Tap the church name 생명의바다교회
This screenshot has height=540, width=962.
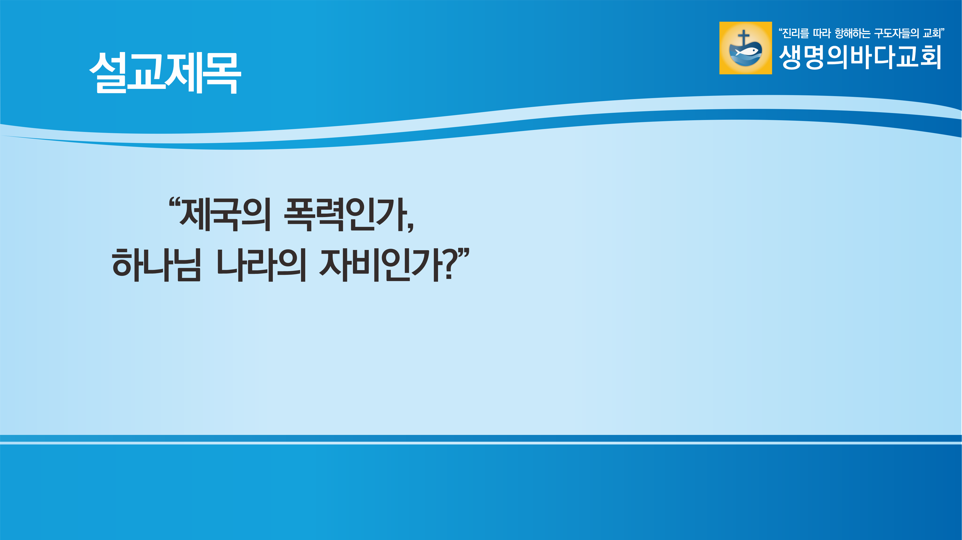tap(860, 57)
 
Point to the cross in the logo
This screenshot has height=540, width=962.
tap(743, 38)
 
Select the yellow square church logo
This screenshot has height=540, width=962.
tap(745, 48)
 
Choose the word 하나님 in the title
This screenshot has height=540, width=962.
tap(156, 265)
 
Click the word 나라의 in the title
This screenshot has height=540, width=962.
tap(261, 265)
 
